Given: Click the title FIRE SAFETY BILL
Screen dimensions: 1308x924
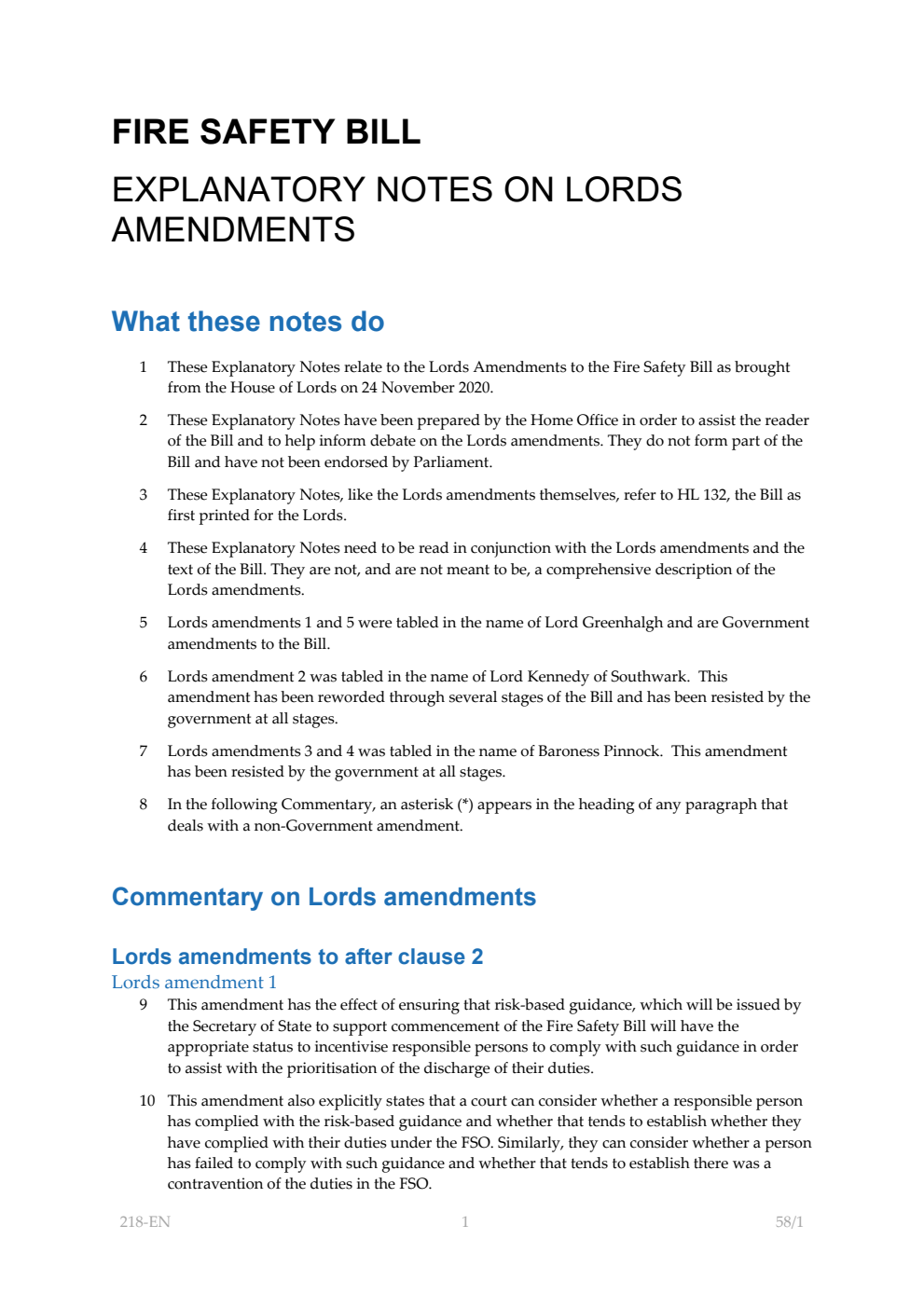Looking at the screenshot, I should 266,131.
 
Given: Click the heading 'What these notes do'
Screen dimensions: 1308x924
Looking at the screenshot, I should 247,322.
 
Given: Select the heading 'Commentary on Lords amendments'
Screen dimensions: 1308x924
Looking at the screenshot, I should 324,897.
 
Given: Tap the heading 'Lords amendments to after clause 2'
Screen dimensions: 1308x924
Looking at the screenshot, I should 297,957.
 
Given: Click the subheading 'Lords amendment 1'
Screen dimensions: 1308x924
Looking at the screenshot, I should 194,982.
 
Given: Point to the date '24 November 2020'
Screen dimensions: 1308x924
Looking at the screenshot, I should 426,388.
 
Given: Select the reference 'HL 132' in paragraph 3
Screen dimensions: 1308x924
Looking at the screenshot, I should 701,495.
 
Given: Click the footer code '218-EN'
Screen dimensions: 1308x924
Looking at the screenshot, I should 145,1221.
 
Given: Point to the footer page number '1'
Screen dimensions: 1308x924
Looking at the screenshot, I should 464,1221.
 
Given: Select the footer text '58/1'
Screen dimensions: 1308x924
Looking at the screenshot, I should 789,1221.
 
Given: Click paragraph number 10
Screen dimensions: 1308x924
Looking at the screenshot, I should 147,1101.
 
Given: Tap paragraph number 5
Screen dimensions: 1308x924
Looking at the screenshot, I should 144,623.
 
